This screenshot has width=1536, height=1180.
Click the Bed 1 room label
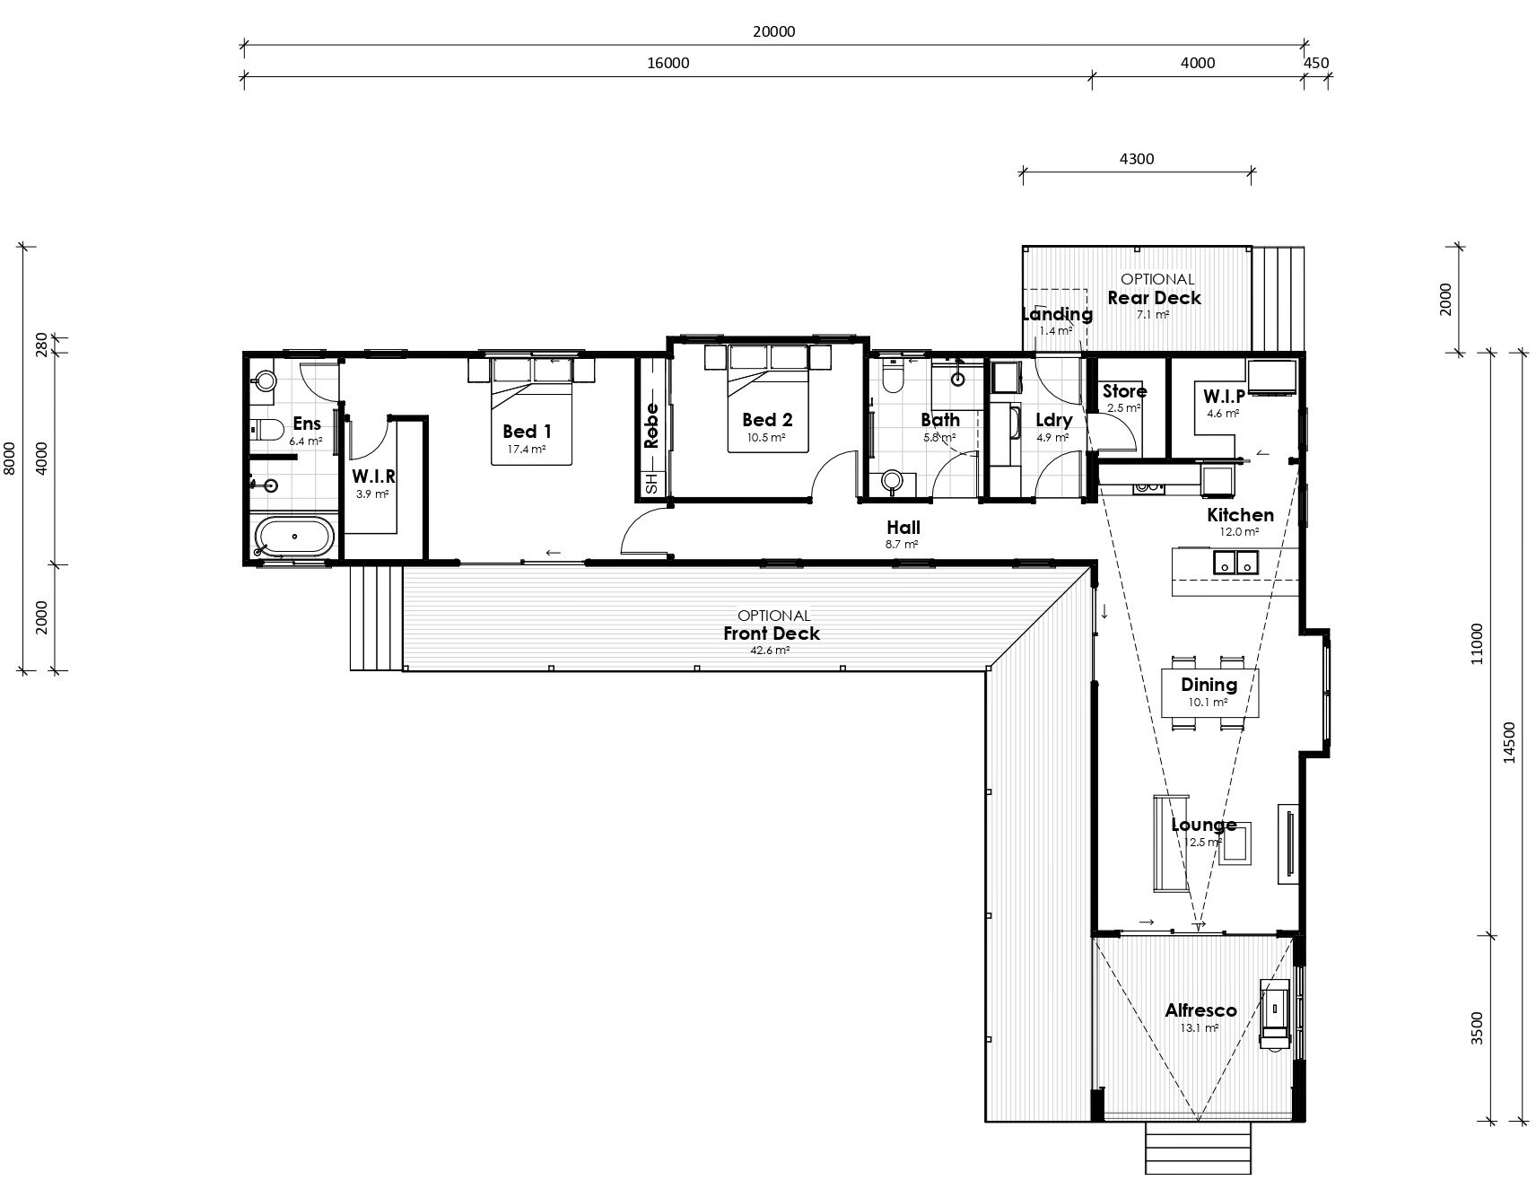coord(527,432)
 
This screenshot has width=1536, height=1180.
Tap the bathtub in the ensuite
coord(294,538)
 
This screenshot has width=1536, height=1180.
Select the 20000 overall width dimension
coord(773,31)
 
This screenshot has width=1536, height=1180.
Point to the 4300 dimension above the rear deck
coord(1137,159)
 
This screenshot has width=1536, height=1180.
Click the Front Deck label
coord(772,634)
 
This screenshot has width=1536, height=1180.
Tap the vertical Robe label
coord(651,425)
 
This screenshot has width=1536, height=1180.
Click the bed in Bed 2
coord(768,398)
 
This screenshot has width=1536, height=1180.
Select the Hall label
coord(903,528)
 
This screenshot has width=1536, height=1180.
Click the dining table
coord(1209,693)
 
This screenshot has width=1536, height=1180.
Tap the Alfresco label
coord(1200,1010)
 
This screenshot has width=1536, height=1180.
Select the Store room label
coord(1124,391)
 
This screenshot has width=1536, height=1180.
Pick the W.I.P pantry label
coord(1224,397)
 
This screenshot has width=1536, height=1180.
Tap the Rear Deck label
coord(1154,298)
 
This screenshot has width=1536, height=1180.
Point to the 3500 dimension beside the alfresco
coord(1477,1028)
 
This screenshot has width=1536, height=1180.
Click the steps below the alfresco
coord(1198,1149)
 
